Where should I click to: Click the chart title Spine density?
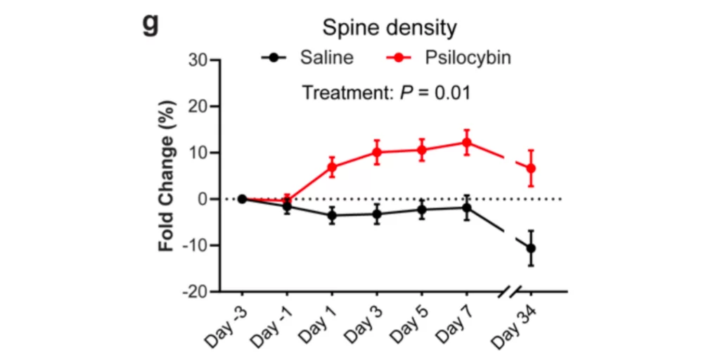[x=389, y=28]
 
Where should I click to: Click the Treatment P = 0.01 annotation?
[x=386, y=92]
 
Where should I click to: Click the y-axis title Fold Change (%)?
[x=167, y=193]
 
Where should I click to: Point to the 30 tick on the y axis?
[x=197, y=60]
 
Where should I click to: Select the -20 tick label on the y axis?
[x=193, y=292]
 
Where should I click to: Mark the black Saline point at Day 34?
[x=532, y=248]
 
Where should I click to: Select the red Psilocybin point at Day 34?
[x=532, y=168]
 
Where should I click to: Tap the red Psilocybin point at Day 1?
[x=332, y=167]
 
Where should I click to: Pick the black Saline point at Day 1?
[x=332, y=215]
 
